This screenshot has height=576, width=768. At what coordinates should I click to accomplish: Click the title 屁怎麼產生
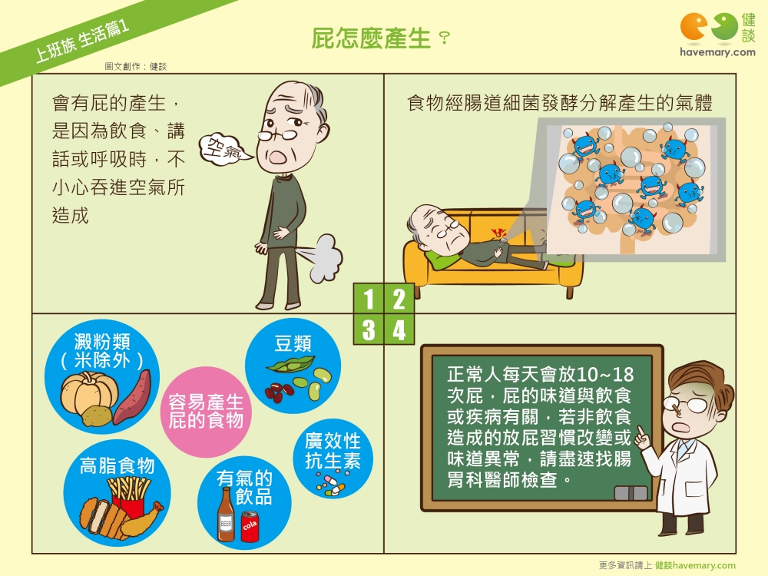[371, 38]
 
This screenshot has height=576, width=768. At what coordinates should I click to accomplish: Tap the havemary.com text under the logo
[717, 52]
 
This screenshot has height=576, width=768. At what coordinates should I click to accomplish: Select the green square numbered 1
[369, 298]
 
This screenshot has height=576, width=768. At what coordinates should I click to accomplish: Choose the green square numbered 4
[399, 329]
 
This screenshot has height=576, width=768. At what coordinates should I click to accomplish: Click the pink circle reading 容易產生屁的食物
[206, 412]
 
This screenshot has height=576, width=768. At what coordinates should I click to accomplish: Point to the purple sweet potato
[132, 397]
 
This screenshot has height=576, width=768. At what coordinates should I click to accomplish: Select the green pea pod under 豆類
[290, 365]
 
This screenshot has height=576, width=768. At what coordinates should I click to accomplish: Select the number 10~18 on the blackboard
[604, 375]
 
